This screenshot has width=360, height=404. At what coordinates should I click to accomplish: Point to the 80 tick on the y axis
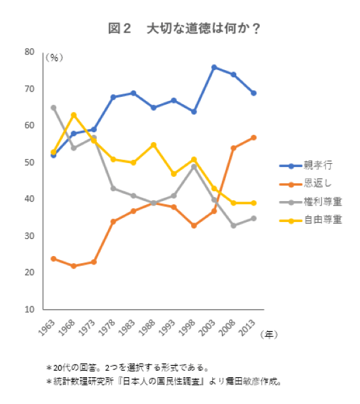(29, 52)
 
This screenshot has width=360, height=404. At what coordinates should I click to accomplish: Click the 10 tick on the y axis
(29, 309)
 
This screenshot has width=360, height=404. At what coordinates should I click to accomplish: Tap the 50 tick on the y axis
(29, 162)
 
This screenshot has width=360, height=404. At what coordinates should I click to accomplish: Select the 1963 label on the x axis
(47, 325)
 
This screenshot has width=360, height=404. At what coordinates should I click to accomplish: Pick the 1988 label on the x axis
(147, 325)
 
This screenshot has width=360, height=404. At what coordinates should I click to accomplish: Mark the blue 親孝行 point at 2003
(214, 67)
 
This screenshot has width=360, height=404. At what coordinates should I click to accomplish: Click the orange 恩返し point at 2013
(254, 138)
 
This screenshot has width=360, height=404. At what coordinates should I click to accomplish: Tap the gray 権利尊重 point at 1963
(53, 107)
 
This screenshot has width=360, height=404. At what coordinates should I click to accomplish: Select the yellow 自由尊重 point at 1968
(73, 115)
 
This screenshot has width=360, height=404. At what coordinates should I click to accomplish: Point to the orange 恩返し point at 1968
(73, 266)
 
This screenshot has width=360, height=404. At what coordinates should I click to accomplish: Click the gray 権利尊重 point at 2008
(234, 225)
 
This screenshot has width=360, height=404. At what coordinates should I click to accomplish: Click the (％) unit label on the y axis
(54, 58)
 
